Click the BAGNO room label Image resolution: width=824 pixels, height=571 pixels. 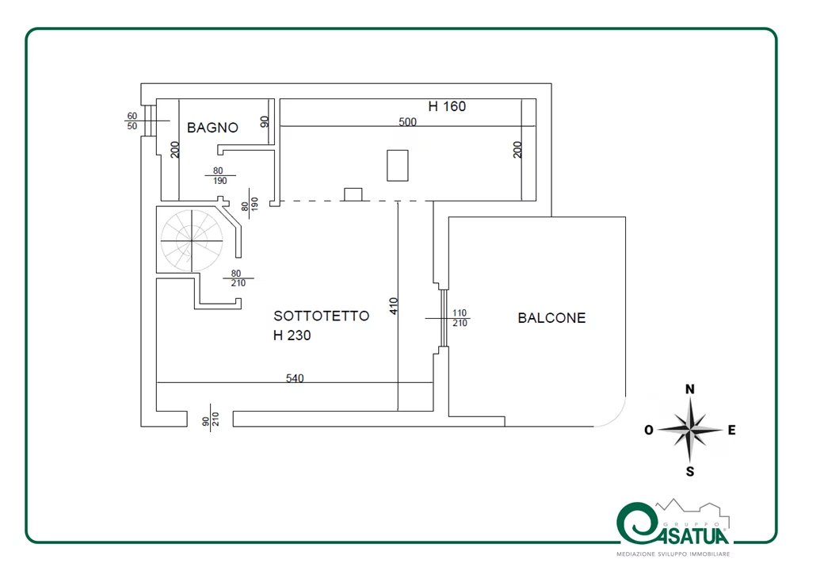point(212,127)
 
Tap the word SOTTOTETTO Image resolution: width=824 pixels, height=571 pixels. point(321,316)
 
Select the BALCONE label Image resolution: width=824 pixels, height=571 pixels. point(551,318)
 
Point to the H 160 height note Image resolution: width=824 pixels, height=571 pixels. point(447,106)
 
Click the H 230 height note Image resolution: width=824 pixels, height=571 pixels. point(292,335)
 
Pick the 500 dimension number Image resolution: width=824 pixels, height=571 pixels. point(407,122)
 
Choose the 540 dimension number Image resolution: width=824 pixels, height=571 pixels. point(295,378)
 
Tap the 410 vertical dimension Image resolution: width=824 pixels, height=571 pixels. point(394,306)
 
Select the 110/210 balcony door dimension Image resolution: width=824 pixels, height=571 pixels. point(460,318)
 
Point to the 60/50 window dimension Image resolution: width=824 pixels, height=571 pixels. point(132,121)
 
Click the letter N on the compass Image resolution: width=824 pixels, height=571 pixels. point(690,389)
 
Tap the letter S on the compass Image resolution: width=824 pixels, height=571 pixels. point(690,472)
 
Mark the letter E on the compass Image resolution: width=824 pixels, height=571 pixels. point(732,430)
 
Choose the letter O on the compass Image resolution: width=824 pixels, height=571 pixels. point(648,430)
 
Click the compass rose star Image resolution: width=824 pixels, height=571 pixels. point(691,431)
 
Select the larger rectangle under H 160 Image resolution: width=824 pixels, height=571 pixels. point(397,165)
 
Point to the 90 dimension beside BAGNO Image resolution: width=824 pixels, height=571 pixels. point(265,121)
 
